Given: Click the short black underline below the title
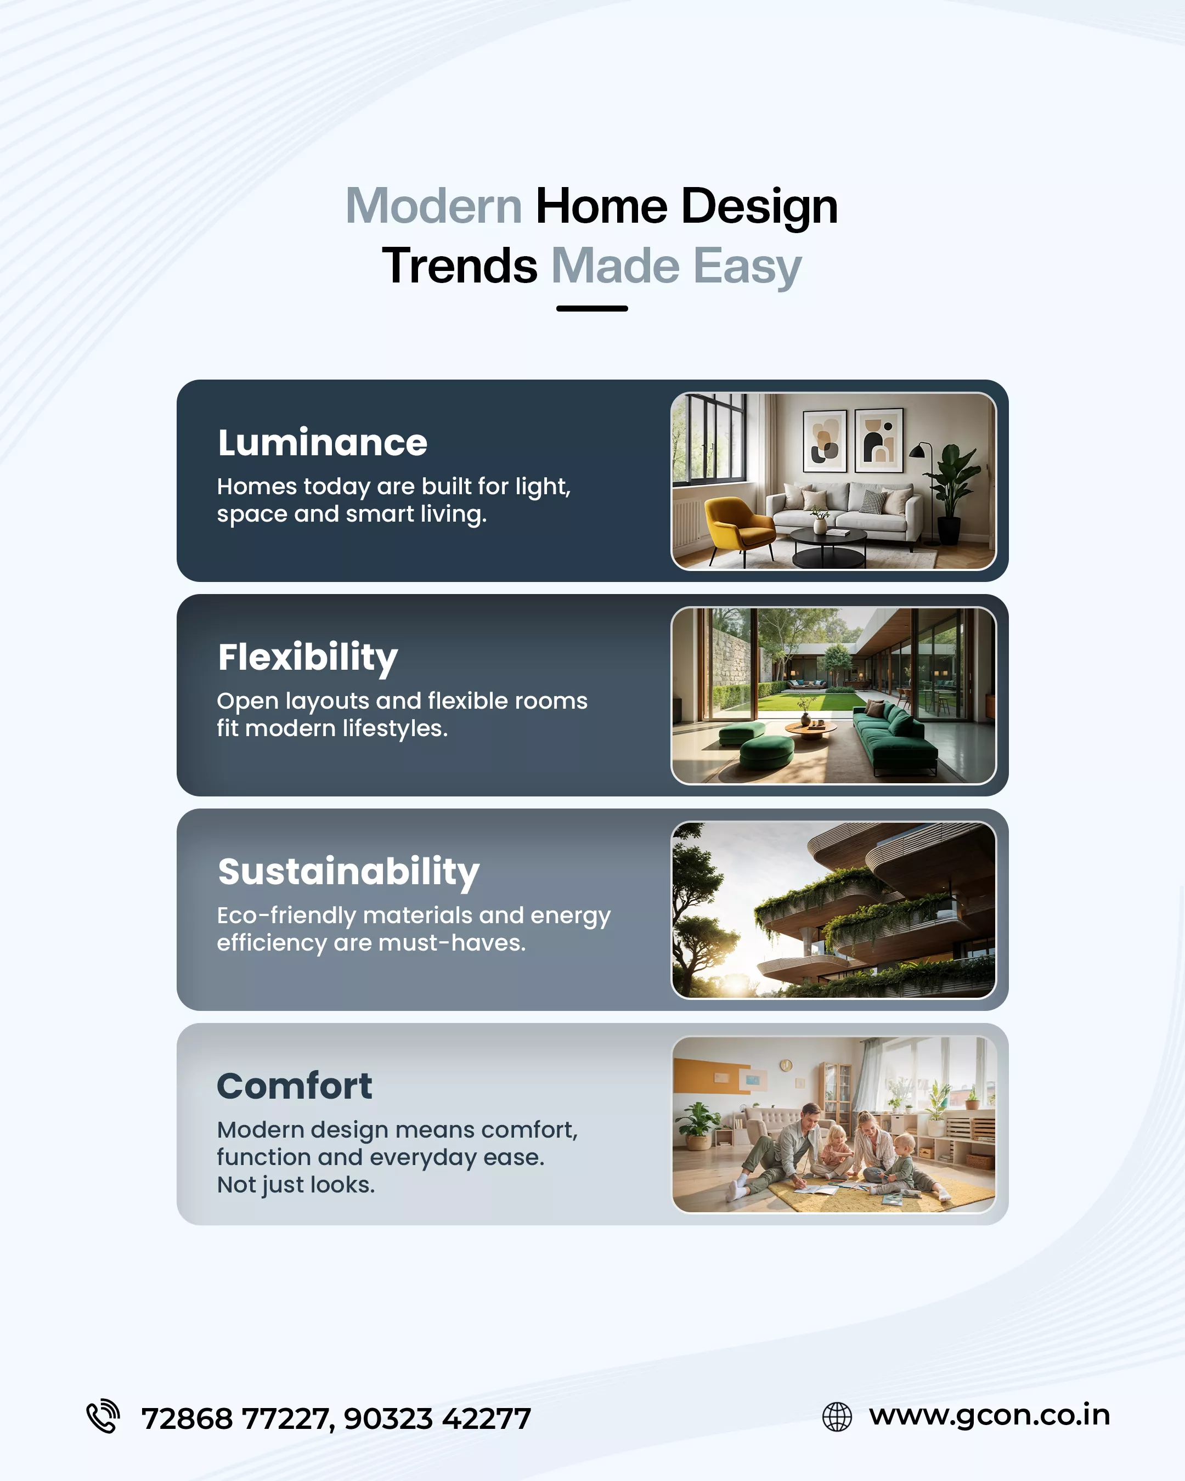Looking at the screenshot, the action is tap(592, 308).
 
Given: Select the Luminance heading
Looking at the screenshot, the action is tap(322, 442).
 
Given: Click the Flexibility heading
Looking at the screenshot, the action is tap(308, 657).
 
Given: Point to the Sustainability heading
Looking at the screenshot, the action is tap(348, 872).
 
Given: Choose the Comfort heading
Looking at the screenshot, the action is tap(295, 1086).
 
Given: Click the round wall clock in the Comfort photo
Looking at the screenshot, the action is tap(786, 1065).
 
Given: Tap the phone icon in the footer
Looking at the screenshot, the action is tap(103, 1416).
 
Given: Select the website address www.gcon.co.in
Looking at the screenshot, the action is tap(989, 1416).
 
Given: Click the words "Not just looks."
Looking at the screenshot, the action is tap(296, 1185).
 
